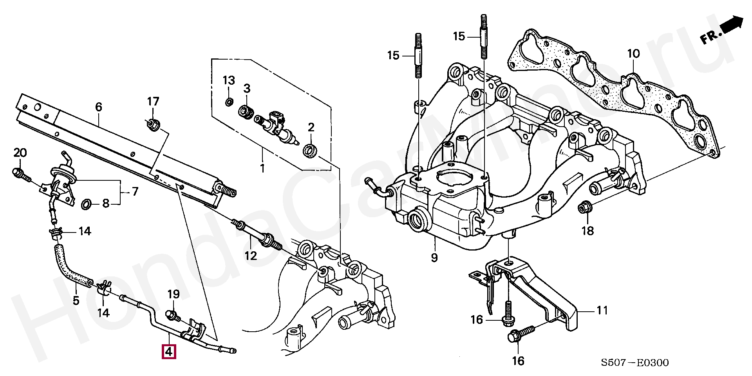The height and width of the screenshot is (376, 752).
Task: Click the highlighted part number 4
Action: click(169, 352)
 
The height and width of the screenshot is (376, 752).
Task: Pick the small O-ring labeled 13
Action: click(229, 103)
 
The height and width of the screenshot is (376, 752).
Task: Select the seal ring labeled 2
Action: click(311, 151)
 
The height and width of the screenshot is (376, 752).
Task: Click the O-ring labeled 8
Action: click(87, 204)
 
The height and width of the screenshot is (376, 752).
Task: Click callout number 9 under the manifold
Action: click(434, 258)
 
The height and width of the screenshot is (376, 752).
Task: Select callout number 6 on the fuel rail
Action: click(98, 107)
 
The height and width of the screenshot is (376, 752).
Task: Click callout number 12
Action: click(251, 256)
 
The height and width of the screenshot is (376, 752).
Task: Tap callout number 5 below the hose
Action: click(76, 301)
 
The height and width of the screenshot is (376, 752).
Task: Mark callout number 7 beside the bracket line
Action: click(135, 192)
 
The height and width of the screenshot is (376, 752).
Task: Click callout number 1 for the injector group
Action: click(262, 169)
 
